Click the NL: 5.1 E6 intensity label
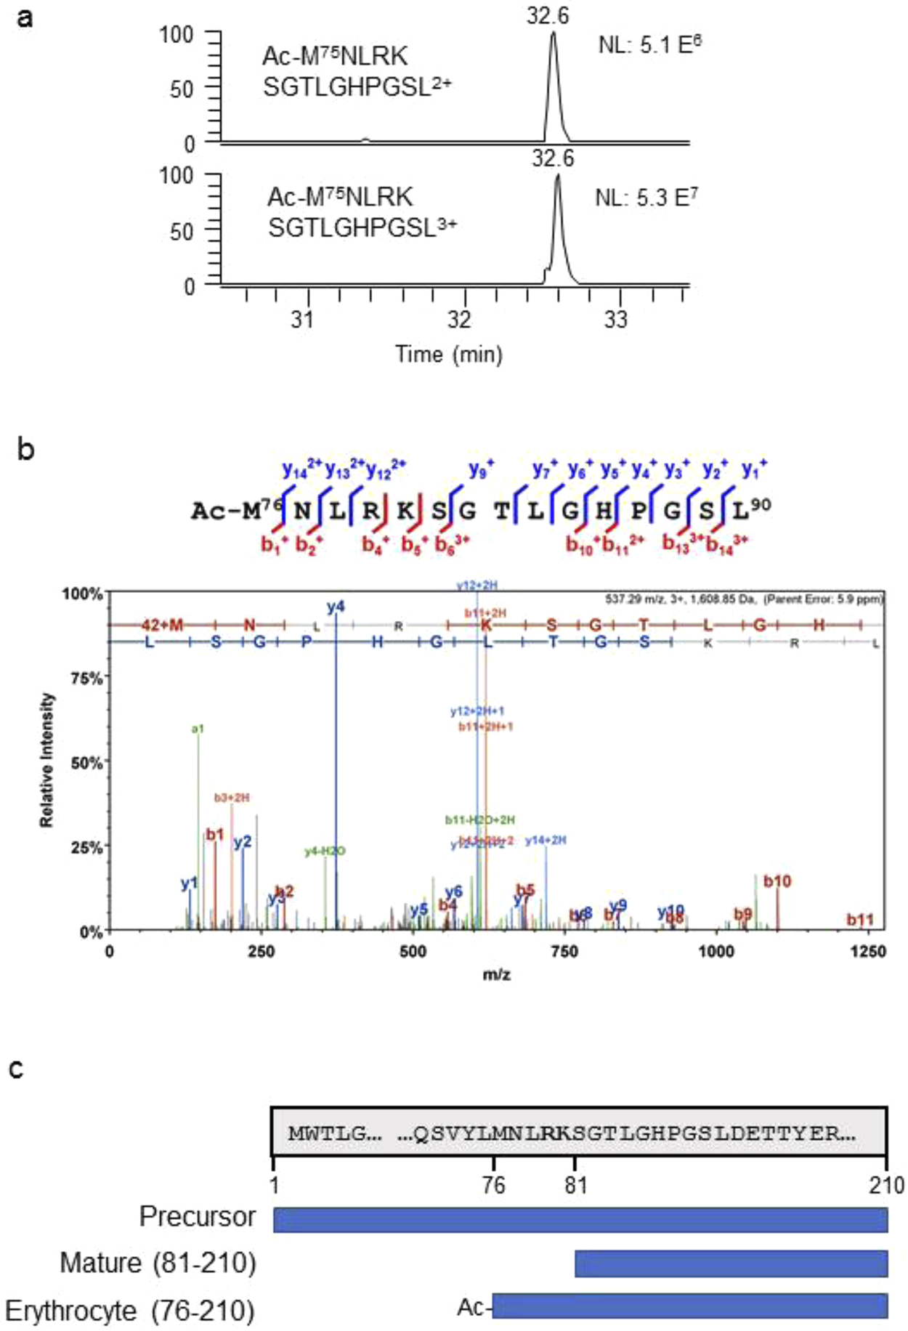649,45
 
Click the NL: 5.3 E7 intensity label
646,198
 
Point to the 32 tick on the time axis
460,319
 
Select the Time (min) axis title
448,355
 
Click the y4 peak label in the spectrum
336,607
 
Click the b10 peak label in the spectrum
777,881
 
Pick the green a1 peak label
198,728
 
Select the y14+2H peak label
546,840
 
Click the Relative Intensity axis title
47,759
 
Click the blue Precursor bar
580,1220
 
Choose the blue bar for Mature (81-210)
731,1263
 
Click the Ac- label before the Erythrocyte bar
472,1308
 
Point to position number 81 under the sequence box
576,1186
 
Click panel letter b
25,450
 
